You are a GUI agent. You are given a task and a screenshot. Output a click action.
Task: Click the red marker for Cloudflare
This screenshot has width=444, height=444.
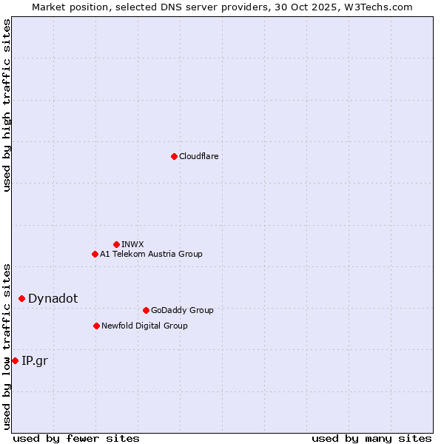coord(174,156)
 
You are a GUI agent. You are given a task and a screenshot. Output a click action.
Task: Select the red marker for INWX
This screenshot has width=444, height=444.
coord(116,244)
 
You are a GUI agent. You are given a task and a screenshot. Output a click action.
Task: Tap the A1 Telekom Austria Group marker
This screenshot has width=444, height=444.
coord(95,254)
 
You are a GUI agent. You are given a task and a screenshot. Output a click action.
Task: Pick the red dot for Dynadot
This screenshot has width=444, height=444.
coord(21,298)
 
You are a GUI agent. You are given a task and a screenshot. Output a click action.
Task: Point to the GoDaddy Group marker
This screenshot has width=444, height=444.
coord(146,310)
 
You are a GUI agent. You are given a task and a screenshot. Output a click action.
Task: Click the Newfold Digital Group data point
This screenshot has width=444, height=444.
coord(96,326)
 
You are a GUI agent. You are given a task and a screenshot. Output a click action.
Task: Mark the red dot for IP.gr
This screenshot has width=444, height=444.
coord(15,360)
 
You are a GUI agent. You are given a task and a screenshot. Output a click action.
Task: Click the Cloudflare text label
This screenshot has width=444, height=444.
coord(198,156)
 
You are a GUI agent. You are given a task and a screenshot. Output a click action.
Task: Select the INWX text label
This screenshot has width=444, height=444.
coord(132,244)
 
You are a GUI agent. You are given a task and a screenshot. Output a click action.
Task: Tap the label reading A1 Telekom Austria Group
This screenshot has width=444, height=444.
coord(151,254)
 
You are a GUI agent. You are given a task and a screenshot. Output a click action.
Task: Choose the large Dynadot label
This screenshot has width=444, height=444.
coord(53,298)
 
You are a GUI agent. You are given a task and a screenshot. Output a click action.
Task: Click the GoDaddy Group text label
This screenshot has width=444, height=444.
coord(182,310)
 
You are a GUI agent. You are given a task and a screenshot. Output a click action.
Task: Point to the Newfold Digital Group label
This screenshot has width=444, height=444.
coord(144,326)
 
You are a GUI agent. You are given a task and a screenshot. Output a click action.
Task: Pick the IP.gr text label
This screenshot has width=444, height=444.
coord(34,360)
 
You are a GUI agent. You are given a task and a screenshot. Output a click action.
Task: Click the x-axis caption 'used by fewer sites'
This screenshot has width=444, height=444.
coord(76,438)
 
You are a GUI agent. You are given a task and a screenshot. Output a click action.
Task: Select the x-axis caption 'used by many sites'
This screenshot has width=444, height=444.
coord(371,438)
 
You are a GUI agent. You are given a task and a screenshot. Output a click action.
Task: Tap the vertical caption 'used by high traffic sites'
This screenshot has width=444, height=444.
coord(7,106)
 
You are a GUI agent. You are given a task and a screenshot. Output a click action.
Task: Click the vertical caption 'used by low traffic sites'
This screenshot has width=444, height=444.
coord(7,346)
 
